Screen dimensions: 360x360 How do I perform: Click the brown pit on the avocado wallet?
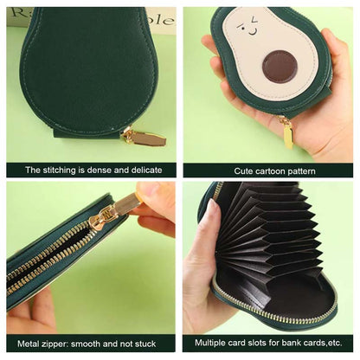pyautogui.click(x=278, y=66)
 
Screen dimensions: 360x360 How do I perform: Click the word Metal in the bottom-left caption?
pyautogui.click(x=37, y=345)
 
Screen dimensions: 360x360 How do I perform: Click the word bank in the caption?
pyautogui.click(x=295, y=345)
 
